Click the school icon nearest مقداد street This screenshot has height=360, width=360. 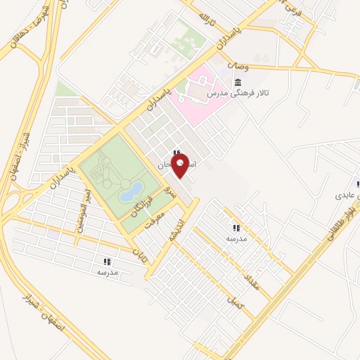tap(236, 228)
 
